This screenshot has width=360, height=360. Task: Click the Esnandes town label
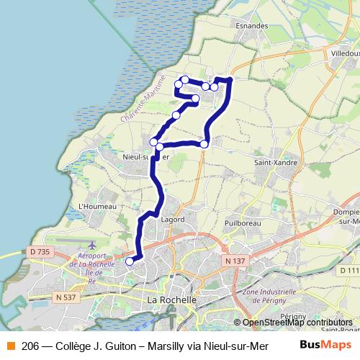click(x=251, y=25)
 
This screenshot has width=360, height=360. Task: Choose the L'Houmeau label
click(x=91, y=205)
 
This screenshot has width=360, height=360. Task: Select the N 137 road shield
click(x=232, y=260)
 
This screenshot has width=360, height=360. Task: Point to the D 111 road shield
click(x=348, y=269)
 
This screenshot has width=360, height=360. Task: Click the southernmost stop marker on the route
click(x=130, y=261)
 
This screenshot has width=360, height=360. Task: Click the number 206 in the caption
click(x=30, y=346)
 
